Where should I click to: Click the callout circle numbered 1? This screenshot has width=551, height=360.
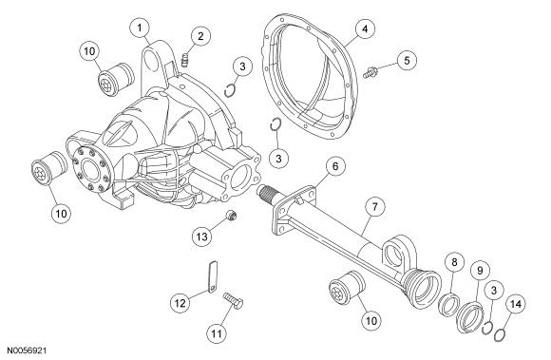[x=140, y=28]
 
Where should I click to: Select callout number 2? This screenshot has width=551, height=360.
[x=200, y=36]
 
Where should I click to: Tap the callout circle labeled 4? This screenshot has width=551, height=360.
[x=365, y=29]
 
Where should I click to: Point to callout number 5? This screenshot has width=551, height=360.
[x=407, y=61]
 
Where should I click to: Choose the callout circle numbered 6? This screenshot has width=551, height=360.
[x=335, y=166]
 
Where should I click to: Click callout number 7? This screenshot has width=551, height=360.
[x=375, y=207]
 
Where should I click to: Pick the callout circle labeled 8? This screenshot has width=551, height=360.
[x=454, y=262]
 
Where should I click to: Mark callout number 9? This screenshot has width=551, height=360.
[x=480, y=271]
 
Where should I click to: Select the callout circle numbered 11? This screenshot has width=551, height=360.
[x=217, y=332]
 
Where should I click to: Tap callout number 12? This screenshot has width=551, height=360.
[x=180, y=303]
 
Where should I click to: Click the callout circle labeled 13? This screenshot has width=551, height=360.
[x=202, y=237]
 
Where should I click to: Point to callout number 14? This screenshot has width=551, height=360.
[x=516, y=305]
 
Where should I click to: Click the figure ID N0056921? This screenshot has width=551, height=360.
[x=27, y=351]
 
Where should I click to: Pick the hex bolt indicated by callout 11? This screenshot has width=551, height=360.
[x=234, y=301]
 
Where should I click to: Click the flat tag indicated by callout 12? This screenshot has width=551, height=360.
[x=213, y=277]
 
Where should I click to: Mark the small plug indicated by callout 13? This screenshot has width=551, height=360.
[x=232, y=216]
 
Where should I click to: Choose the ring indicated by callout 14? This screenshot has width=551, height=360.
[x=500, y=334]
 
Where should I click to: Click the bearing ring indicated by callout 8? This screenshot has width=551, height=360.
[x=450, y=305]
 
